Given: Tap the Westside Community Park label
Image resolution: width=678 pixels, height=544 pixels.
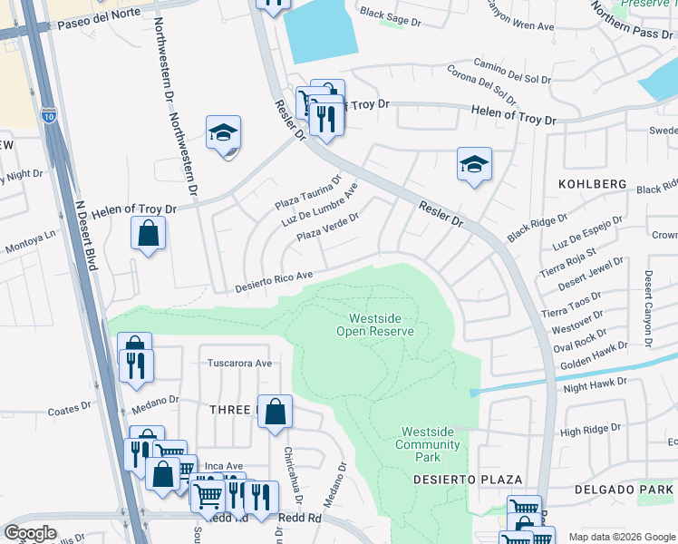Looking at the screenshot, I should click(427, 445).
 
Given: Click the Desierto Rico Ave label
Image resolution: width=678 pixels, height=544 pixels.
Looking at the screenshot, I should click(274, 280).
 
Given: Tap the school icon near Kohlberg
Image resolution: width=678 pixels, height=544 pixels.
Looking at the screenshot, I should click(473, 164).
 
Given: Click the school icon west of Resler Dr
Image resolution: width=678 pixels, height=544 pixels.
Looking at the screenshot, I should click(222, 133).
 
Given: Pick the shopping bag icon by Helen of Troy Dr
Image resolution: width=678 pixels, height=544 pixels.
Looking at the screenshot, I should click(148, 234).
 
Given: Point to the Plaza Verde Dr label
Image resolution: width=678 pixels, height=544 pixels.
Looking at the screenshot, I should click(328, 228).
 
